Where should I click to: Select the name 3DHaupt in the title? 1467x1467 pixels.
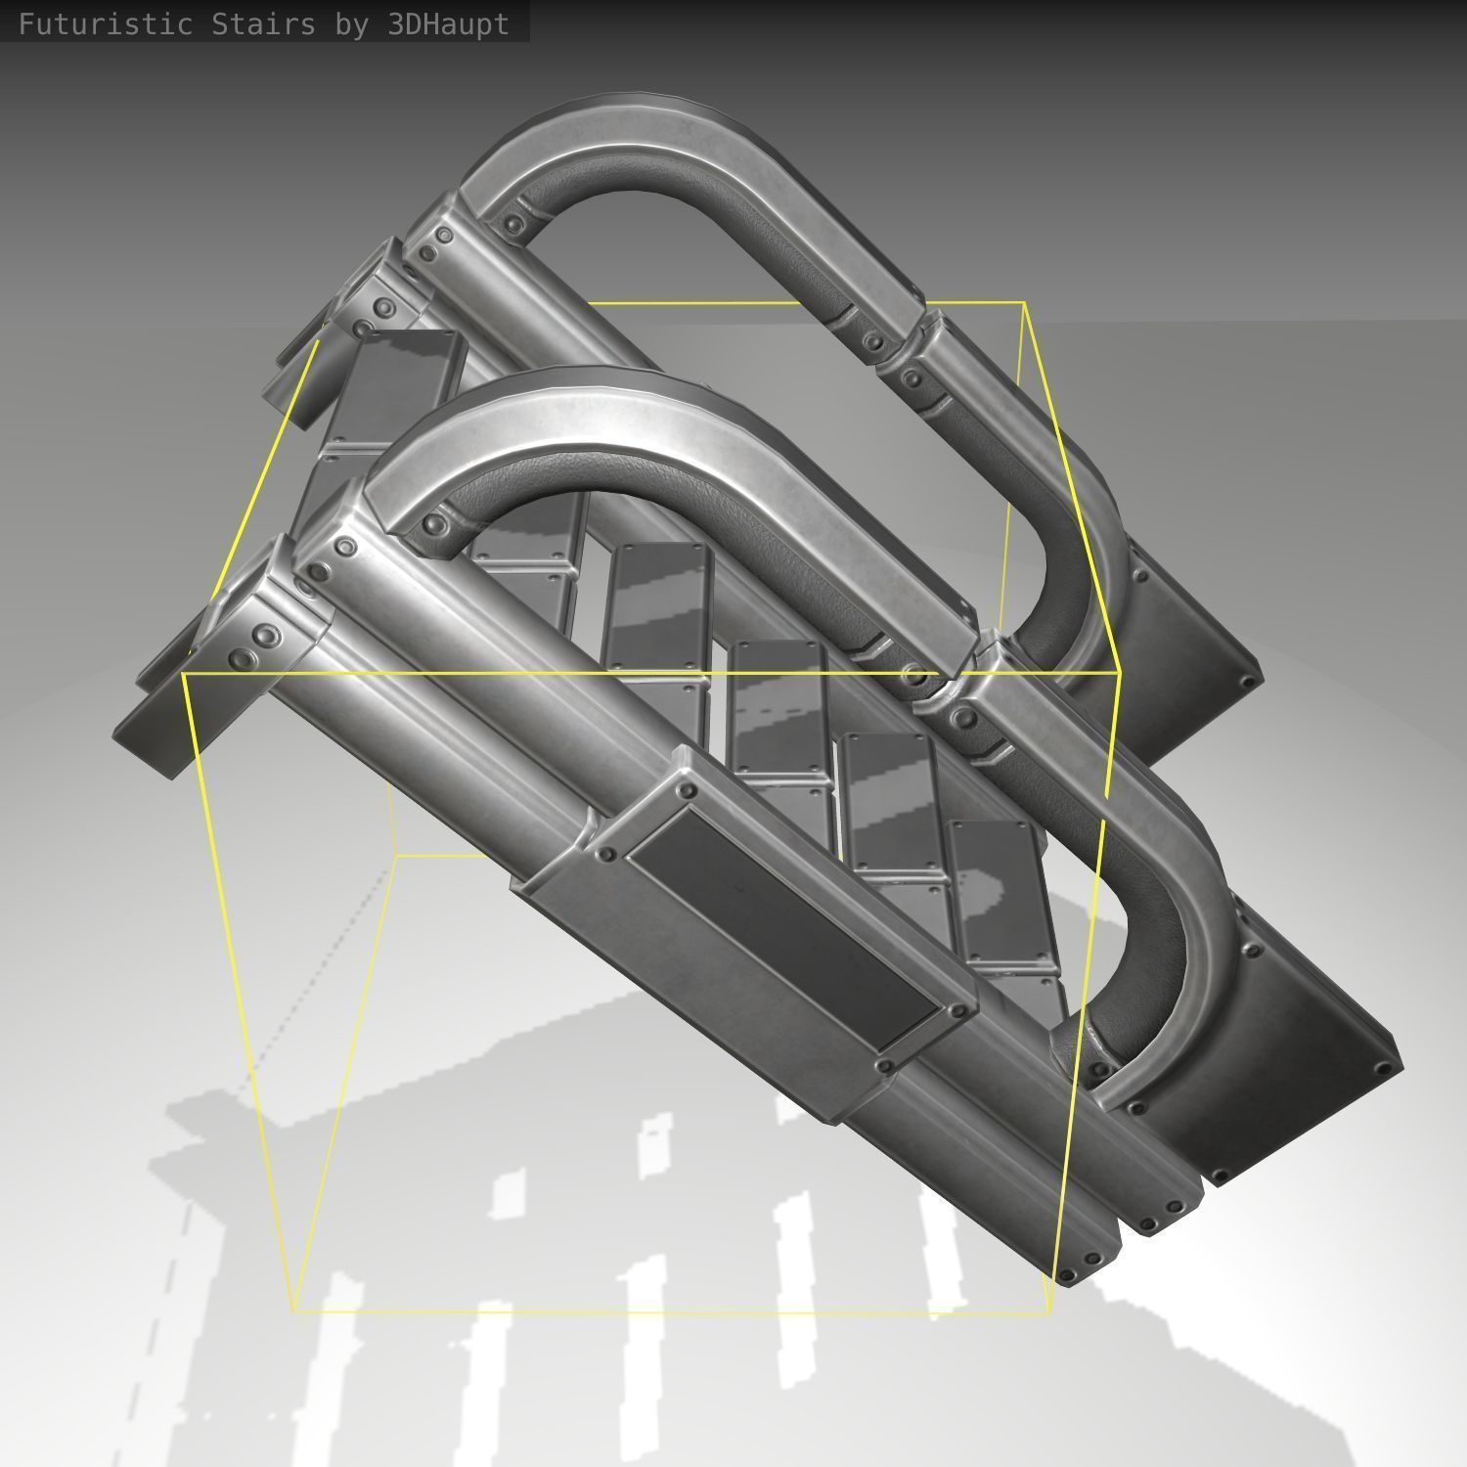coord(449,24)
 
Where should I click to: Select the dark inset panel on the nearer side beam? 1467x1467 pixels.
coord(792,919)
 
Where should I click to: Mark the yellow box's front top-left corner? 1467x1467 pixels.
coord(184,674)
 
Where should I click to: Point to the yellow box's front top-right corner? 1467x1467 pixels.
coord(1119,674)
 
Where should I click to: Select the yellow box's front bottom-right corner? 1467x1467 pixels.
coord(1050,1311)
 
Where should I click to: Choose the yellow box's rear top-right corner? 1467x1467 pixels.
coord(1023,304)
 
